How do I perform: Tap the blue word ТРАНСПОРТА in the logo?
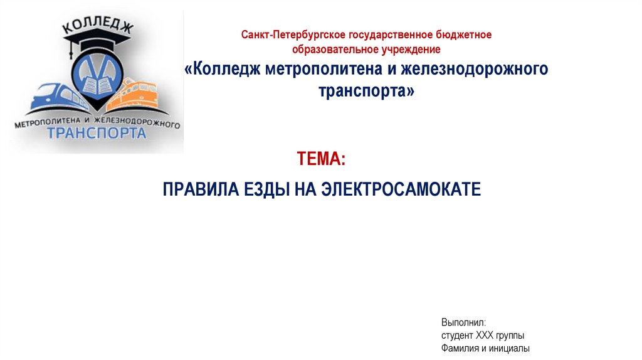click(97, 132)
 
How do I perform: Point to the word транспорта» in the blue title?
click(367, 90)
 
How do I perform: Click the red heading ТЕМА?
click(321, 159)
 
